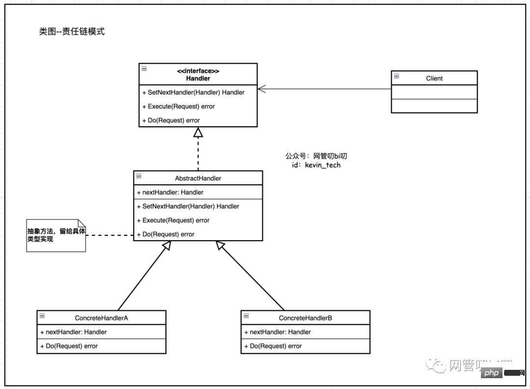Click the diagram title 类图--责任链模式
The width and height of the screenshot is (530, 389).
[72, 32]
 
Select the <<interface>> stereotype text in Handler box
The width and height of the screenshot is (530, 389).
[198, 71]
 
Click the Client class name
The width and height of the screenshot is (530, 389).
[434, 78]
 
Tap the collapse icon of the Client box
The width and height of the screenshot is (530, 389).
[397, 76]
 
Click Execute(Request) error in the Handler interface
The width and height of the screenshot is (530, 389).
[181, 106]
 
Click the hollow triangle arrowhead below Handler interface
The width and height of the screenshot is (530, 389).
[198, 132]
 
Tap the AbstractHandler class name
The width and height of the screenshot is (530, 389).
[198, 178]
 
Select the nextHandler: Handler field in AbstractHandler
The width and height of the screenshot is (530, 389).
[170, 192]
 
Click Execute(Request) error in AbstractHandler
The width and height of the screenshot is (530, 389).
[176, 220]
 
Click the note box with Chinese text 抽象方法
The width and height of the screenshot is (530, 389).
[56, 235]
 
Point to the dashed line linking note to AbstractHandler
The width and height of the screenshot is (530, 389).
[109, 235]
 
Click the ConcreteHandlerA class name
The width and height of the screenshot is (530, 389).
[101, 318]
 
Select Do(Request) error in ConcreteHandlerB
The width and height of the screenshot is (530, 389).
[275, 346]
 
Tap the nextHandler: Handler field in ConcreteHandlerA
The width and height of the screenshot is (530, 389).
[74, 332]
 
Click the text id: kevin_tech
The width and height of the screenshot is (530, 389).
[316, 165]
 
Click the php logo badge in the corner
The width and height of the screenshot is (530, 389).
[491, 373]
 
